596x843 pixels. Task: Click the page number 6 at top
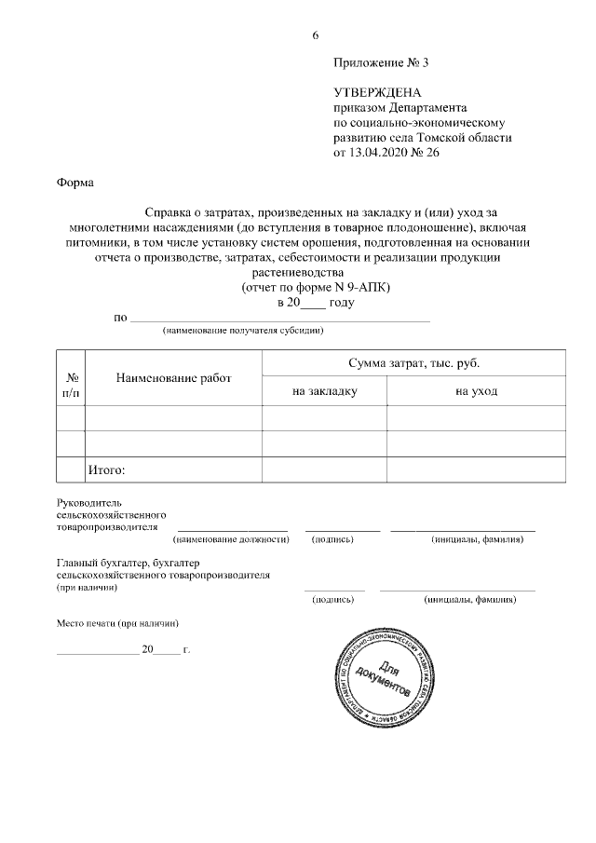[315, 35]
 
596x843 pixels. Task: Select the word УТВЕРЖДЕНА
[377, 93]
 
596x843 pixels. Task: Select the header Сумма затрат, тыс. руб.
[414, 361]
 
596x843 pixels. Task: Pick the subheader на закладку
[324, 391]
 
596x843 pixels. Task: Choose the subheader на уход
[476, 391]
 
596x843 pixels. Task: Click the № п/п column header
[71, 386]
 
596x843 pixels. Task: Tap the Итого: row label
[106, 469]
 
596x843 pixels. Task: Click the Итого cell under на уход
[476, 469]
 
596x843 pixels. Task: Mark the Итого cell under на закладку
[324, 469]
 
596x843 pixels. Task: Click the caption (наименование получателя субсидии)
[243, 331]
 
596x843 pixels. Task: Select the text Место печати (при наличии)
[116, 622]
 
